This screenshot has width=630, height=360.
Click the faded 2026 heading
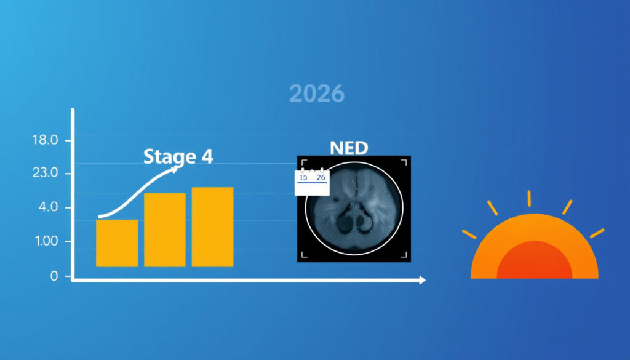pos(317,94)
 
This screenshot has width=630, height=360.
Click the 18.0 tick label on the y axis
pos(45,140)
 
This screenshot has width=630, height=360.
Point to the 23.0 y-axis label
pos(45,173)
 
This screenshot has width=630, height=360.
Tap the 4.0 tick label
pos(48,207)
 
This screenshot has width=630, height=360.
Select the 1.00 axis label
pos(46,241)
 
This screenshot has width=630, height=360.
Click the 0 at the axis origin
pos(54,276)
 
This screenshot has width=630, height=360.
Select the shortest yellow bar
pos(117,243)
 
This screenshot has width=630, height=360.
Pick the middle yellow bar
pos(165,230)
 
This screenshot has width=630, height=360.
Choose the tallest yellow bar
pos(212,227)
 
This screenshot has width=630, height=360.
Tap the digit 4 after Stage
pos(207,156)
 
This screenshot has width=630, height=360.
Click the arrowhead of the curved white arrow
pos(174,169)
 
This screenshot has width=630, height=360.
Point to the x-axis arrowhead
pos(422,280)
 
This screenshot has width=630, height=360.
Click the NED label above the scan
pos(349,148)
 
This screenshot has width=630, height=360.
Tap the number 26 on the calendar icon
pos(321,177)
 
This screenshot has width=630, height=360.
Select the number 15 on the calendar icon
pos(303,177)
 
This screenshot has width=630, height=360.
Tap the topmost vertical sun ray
pos(529,199)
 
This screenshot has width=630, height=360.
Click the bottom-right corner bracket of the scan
pos(404,255)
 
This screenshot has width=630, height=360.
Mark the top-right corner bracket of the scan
pos(404,162)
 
